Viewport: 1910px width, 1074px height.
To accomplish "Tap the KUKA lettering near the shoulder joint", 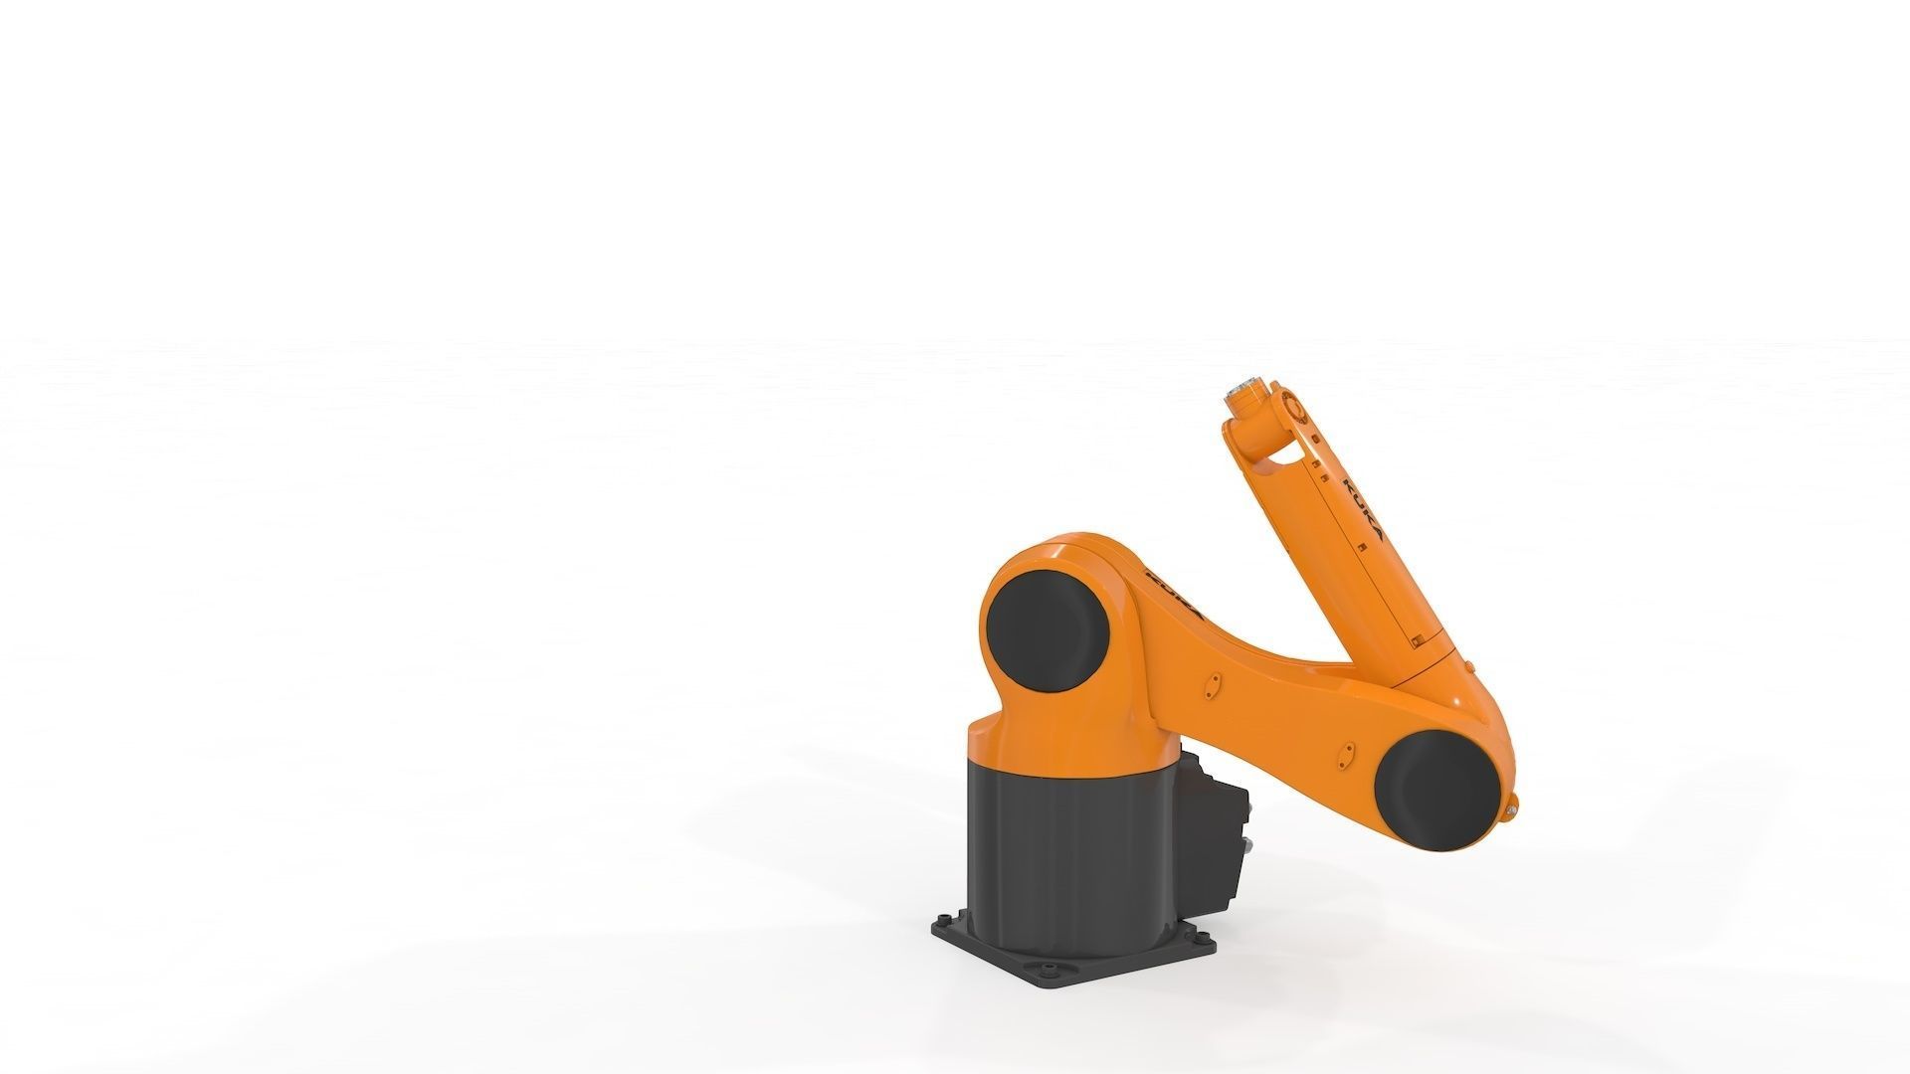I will (1177, 595).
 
